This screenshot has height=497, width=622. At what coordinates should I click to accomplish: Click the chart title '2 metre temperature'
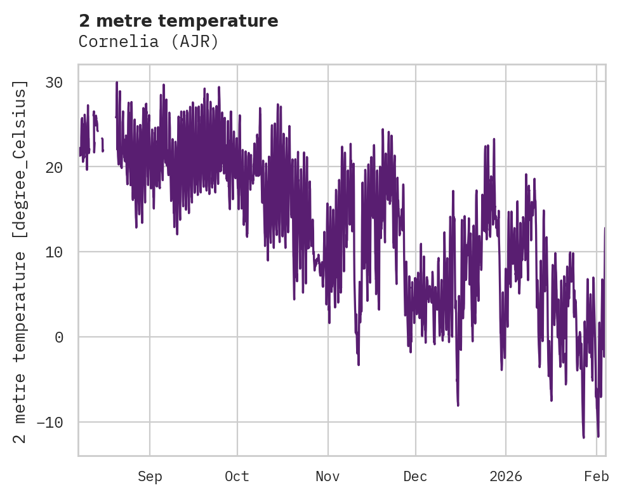[178, 21]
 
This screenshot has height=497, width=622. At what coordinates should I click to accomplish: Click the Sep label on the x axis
[150, 477]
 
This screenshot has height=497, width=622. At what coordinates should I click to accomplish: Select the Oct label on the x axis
[237, 477]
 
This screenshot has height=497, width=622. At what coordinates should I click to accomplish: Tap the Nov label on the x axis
[328, 477]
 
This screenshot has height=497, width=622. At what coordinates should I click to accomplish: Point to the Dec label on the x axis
[415, 477]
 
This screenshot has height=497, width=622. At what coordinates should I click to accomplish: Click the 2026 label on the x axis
[506, 477]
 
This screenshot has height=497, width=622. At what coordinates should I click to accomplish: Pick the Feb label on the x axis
[597, 477]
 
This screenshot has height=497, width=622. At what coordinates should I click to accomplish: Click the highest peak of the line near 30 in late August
[117, 82]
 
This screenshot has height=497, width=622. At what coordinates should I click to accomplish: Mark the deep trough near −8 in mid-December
[458, 405]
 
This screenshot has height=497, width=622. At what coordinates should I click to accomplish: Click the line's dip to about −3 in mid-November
[359, 364]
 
